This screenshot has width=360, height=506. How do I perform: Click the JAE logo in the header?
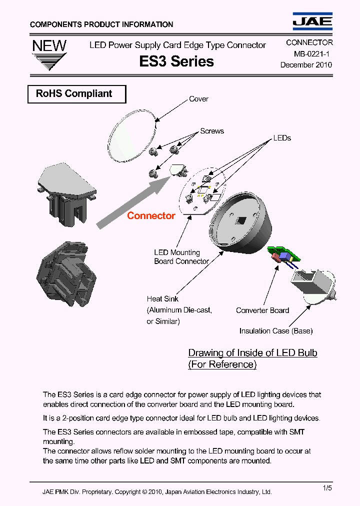click(x=312, y=20)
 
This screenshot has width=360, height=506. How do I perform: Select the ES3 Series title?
click(x=176, y=61)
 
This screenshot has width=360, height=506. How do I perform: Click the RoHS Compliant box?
click(x=76, y=94)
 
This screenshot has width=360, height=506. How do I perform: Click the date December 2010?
click(x=306, y=64)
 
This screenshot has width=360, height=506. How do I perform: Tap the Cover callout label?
click(x=198, y=99)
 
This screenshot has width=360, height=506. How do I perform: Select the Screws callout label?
click(x=212, y=131)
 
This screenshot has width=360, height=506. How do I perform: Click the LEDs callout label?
click(x=282, y=138)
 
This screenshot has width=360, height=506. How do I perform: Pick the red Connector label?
click(x=151, y=216)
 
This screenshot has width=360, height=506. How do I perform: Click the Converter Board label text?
click(x=262, y=310)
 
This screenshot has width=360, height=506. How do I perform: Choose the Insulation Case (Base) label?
click(x=276, y=331)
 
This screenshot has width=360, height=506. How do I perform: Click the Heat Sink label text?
click(x=162, y=299)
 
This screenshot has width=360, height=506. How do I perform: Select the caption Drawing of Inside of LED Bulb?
click(x=252, y=353)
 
